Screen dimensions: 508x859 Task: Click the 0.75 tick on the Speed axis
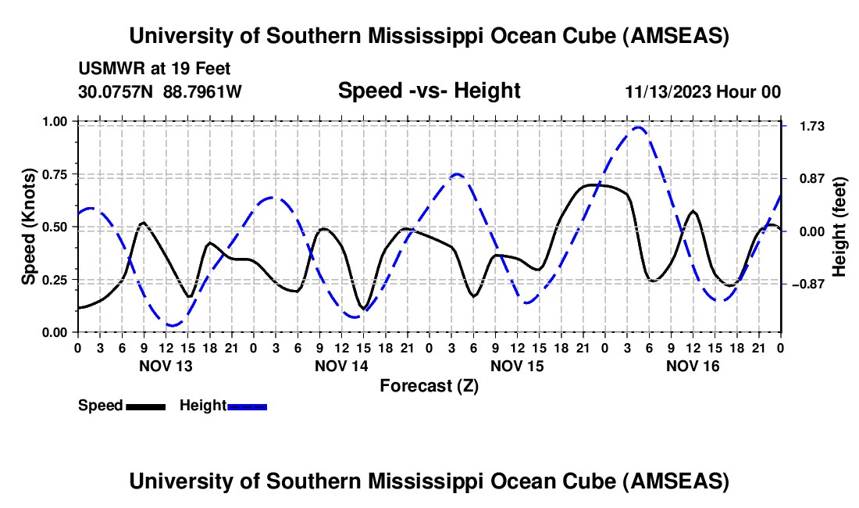57,174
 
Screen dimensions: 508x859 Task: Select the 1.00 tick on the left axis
57,121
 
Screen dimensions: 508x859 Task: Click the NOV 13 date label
165,366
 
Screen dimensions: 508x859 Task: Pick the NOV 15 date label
516,366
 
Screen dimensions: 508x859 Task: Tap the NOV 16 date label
692,366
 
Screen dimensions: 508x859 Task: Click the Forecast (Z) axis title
429,385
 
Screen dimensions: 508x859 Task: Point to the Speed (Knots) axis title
29,227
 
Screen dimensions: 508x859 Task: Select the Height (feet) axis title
839,227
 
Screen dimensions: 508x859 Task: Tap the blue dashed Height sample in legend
247,406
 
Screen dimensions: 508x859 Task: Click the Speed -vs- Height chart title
429,91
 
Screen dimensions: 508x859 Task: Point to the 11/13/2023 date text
668,91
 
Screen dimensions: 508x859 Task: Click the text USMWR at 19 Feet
155,69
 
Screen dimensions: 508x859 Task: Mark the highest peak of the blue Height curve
639,127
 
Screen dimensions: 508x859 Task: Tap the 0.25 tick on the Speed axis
57,280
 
